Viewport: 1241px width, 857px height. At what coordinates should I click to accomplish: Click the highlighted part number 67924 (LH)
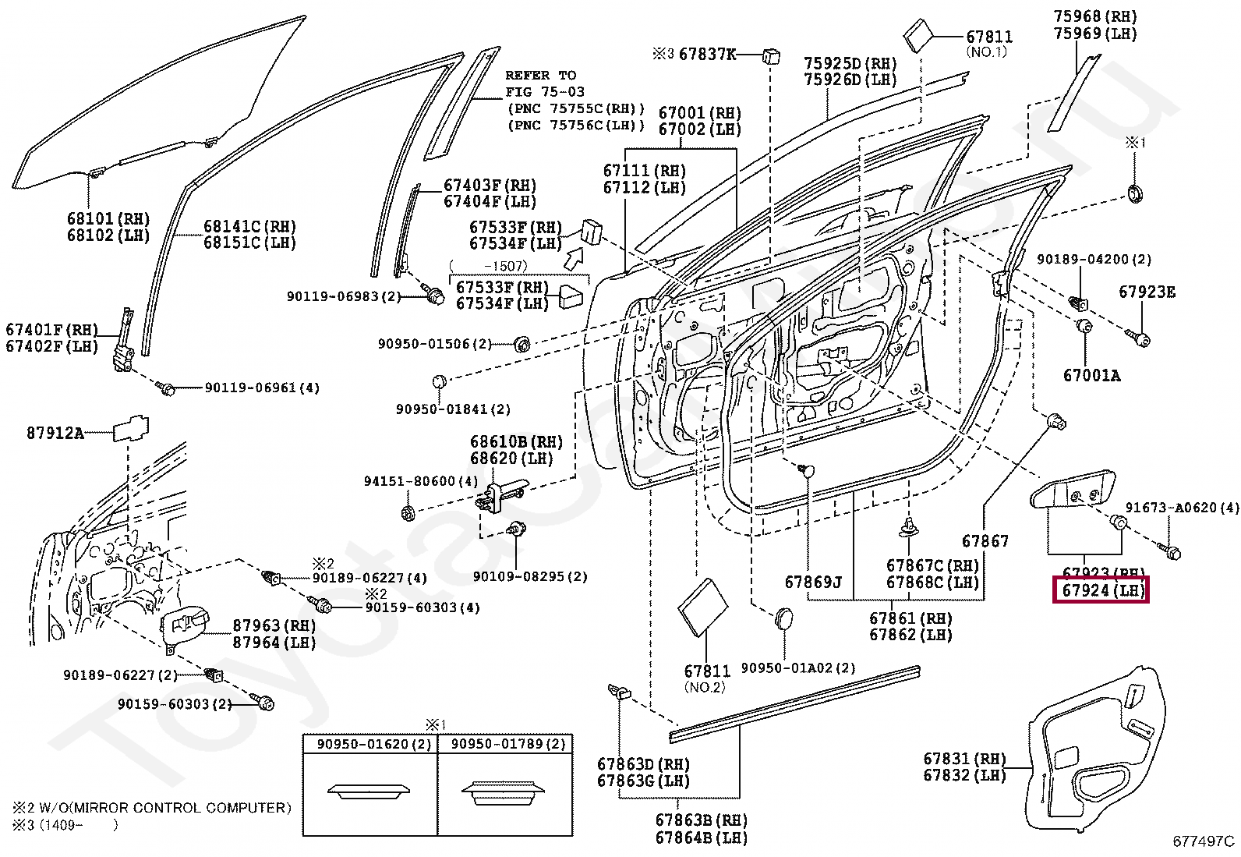click(x=1101, y=590)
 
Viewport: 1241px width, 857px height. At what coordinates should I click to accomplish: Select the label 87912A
click(x=55, y=433)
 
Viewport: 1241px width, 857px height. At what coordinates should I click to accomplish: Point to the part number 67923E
click(x=1147, y=292)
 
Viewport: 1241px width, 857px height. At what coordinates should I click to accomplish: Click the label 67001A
click(x=1091, y=376)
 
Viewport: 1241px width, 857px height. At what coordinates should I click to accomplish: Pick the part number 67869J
click(x=813, y=582)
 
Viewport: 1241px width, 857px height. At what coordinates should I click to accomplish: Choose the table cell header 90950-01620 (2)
click(x=374, y=744)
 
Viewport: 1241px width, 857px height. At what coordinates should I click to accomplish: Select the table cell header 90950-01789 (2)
click(x=507, y=744)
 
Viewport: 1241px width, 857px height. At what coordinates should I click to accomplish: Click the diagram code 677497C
click(x=1203, y=841)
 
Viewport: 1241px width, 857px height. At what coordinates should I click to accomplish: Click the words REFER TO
click(x=541, y=76)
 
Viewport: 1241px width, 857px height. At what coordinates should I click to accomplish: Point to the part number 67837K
click(x=708, y=55)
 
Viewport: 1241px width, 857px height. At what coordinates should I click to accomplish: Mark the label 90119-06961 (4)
click(x=262, y=388)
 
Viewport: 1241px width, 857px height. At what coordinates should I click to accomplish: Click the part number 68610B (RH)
click(x=516, y=442)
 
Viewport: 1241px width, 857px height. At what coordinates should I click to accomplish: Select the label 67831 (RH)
click(x=964, y=758)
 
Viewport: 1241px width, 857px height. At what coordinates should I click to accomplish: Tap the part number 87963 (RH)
click(x=274, y=625)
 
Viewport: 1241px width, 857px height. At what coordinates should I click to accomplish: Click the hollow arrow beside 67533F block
click(x=575, y=258)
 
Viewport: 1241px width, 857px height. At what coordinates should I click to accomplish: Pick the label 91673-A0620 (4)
click(x=1182, y=507)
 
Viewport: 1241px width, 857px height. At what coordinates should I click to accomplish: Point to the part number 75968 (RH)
click(x=1095, y=16)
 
